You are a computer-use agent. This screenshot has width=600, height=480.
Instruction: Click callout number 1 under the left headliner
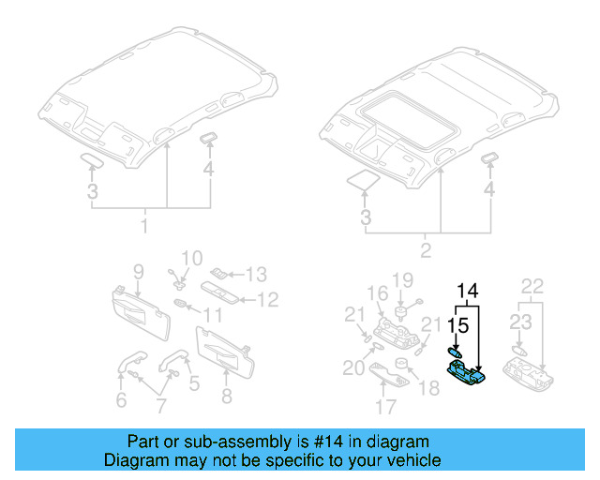[x=144, y=227]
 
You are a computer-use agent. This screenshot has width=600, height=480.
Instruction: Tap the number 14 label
[x=468, y=290]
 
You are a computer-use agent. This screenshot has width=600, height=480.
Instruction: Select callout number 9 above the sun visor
[x=138, y=272]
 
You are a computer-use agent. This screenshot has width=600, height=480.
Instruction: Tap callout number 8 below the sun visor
[x=226, y=397]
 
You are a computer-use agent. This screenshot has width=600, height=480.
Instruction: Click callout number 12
[x=268, y=300]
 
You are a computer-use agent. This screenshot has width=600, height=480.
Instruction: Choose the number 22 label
[x=532, y=286]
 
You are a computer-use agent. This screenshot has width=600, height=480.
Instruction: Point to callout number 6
[x=120, y=401]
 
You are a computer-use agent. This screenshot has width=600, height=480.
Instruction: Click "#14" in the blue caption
[x=310, y=442]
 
